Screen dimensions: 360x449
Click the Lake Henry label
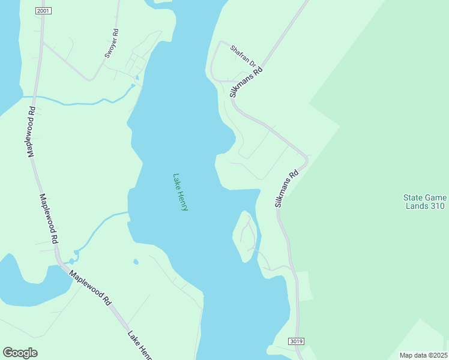pyautogui.click(x=180, y=192)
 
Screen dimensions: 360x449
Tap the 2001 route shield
pyautogui.click(x=42, y=11)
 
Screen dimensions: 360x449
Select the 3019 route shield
pyautogui.click(x=296, y=341)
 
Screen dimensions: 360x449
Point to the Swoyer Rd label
pyautogui.click(x=112, y=44)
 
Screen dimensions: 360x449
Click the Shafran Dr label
pyautogui.click(x=244, y=56)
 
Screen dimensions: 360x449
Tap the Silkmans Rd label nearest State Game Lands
pyautogui.click(x=287, y=190)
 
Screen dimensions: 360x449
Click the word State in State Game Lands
pyautogui.click(x=413, y=197)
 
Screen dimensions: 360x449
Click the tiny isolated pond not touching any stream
pyautogui.click(x=136, y=262)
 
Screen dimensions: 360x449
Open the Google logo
pyautogui.click(x=20, y=353)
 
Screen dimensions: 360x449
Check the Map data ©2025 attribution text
pyautogui.click(x=423, y=355)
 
